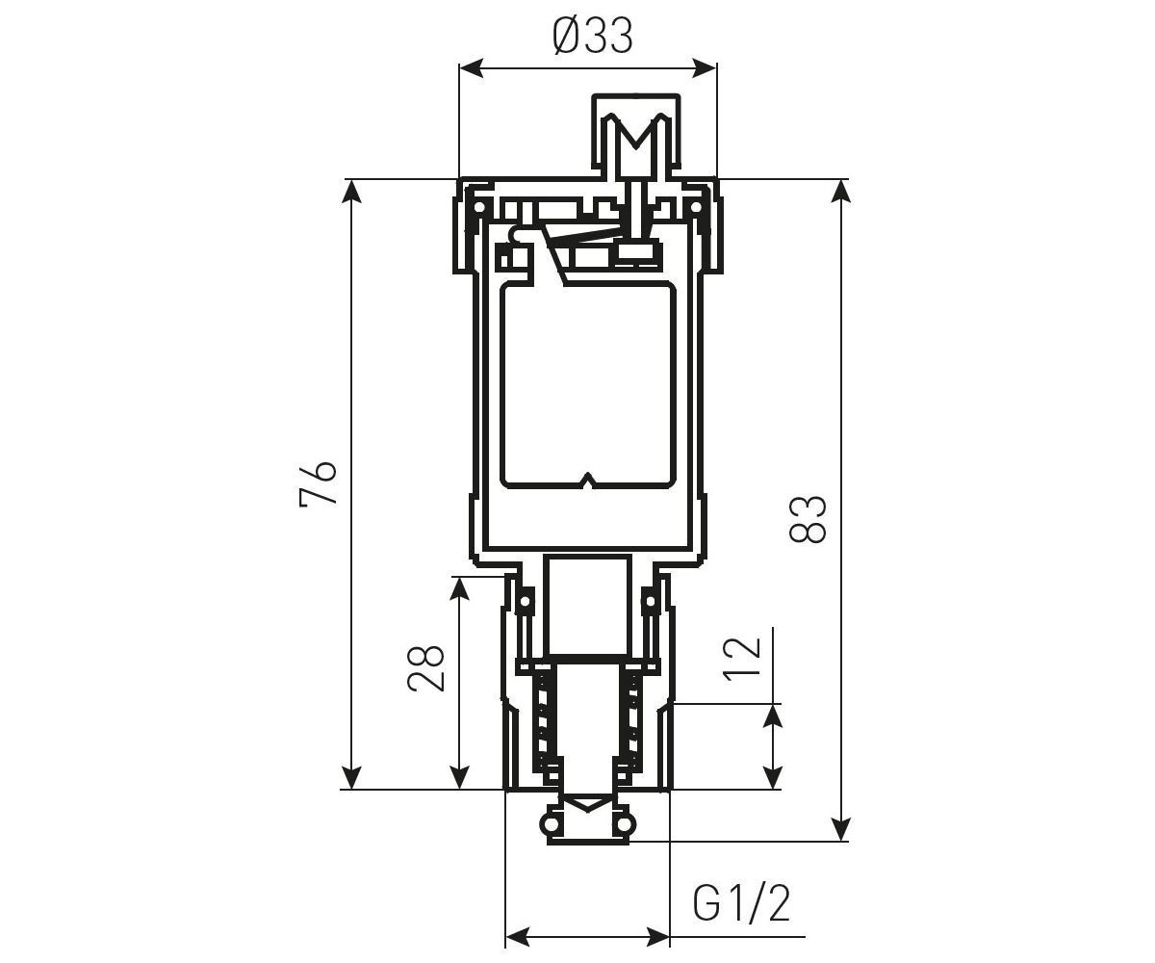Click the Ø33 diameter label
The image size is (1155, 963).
point(593,37)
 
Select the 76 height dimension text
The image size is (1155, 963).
point(318,483)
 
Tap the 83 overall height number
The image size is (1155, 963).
point(808,519)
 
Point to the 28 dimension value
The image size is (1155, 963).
point(426,668)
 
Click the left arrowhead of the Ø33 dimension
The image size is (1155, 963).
point(472,68)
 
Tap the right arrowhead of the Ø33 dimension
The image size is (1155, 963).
point(705,68)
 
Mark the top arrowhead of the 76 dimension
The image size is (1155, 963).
point(351,192)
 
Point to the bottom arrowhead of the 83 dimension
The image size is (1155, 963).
point(841,829)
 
